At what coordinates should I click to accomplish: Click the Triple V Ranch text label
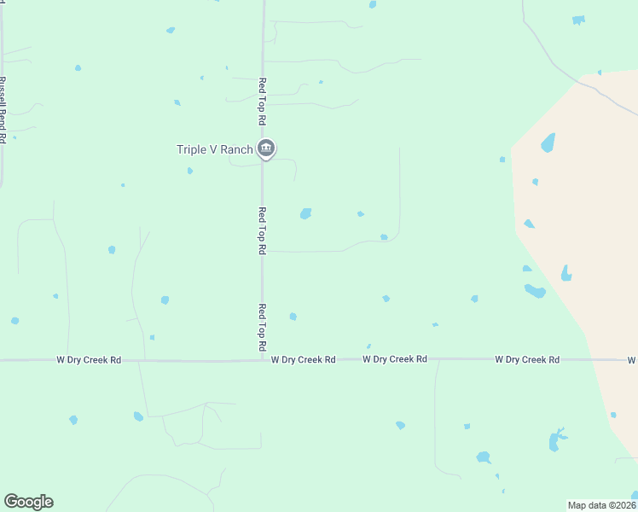click(x=214, y=149)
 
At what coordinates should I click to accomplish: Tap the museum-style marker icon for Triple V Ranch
click(x=266, y=149)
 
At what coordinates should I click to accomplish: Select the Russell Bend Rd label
click(x=3, y=109)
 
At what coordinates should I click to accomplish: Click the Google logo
click(x=28, y=502)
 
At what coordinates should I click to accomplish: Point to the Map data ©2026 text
click(x=601, y=505)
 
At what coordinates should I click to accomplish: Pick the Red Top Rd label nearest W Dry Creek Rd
click(x=263, y=329)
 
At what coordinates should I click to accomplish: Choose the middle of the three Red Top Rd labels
click(x=263, y=230)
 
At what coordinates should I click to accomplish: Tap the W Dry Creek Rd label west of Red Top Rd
click(x=89, y=360)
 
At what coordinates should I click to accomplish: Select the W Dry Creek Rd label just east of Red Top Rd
click(x=303, y=360)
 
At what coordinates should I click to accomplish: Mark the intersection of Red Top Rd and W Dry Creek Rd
click(x=263, y=360)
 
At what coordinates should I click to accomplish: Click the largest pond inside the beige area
click(x=548, y=143)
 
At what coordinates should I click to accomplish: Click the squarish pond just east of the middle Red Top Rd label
click(x=305, y=213)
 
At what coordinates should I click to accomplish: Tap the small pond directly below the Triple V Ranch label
click(x=189, y=171)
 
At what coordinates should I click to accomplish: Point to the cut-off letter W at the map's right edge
click(x=632, y=360)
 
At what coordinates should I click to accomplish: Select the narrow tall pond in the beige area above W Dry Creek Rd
click(x=565, y=273)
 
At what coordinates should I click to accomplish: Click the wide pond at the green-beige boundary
click(x=535, y=291)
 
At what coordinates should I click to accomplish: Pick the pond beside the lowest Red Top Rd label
click(x=293, y=317)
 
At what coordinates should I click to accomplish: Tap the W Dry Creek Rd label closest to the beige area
click(x=527, y=360)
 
